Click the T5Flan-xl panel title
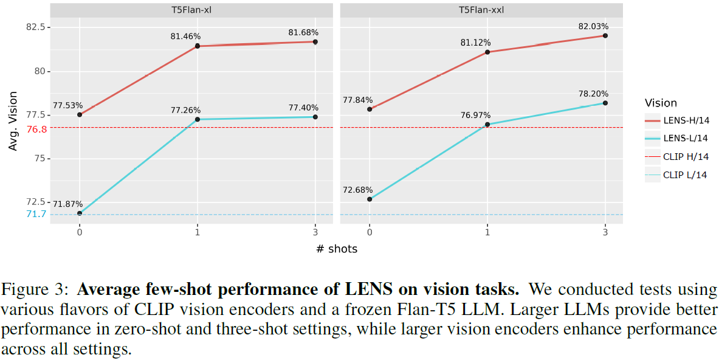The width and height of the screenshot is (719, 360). click(198, 10)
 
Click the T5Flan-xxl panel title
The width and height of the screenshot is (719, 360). click(487, 10)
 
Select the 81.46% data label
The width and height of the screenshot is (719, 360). click(185, 36)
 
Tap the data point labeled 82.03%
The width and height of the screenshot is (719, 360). click(605, 35)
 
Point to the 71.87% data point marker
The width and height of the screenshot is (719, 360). click(80, 213)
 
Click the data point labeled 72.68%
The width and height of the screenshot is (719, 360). click(370, 199)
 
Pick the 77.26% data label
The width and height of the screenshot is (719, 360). click(185, 110)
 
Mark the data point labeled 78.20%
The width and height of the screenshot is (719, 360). click(605, 103)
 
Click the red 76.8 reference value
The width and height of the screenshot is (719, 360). click(36, 129)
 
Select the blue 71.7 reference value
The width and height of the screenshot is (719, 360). click(36, 214)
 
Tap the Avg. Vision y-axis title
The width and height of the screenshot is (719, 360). click(13, 120)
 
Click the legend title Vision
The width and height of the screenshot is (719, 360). click(661, 103)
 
